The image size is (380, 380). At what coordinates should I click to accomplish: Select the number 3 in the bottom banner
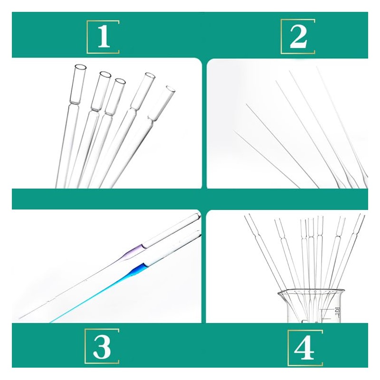102,347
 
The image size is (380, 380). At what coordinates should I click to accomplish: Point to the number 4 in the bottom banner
304,347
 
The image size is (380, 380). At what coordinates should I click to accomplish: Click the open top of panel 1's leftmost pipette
81,68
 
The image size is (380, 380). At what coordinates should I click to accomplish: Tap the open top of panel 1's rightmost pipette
170,88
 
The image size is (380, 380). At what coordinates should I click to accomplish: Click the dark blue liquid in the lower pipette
138,269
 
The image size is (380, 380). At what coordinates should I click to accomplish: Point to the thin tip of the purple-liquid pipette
21,317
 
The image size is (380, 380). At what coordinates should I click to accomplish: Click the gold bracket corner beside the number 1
88,22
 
